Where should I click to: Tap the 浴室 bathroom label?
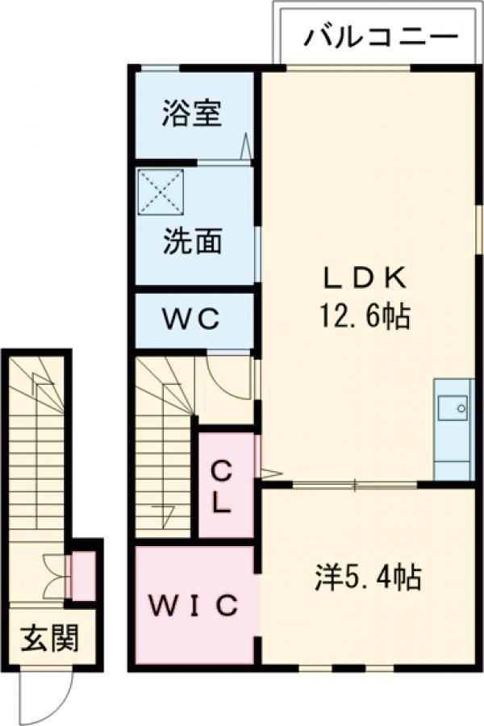191,114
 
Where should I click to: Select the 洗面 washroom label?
192,241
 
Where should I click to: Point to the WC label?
194,320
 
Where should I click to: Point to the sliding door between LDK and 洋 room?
355,485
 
